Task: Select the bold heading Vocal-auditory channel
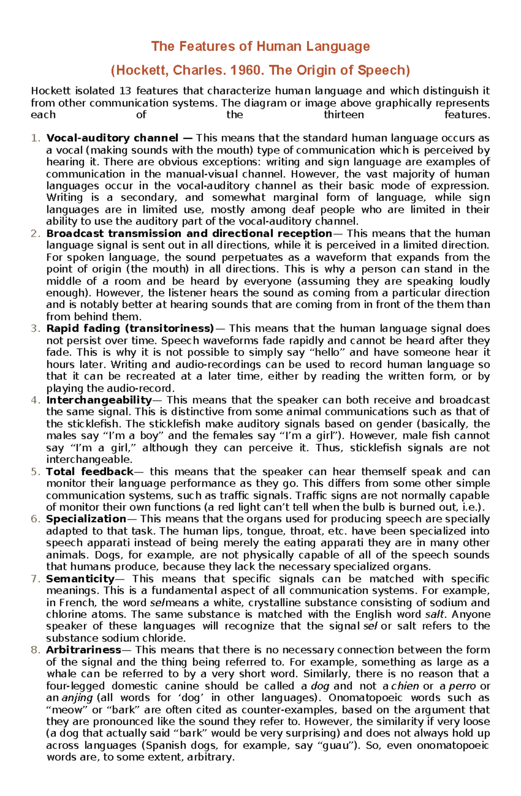tap(112, 138)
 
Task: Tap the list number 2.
tap(35, 233)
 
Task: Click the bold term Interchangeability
tap(99, 400)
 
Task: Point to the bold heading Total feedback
tap(90, 472)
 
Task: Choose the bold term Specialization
tap(86, 519)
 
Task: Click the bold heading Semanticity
tap(80, 579)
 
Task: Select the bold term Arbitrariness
tap(83, 650)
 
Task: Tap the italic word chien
tap(405, 686)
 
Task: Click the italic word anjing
tap(77, 698)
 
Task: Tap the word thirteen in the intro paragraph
tap(344, 115)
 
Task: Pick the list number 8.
tap(35, 650)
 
